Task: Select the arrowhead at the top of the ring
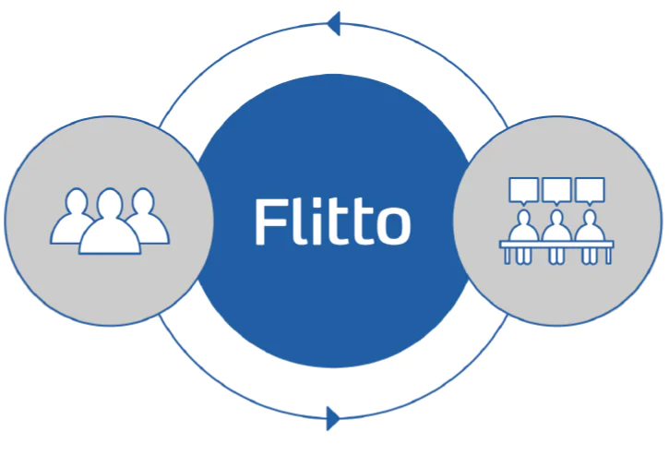333,22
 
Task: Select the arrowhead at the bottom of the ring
333,417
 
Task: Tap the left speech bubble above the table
523,190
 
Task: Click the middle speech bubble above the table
556,190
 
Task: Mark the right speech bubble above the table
589,190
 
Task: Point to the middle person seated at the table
556,226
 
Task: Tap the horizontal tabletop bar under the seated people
556,244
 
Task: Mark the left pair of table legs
509,256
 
